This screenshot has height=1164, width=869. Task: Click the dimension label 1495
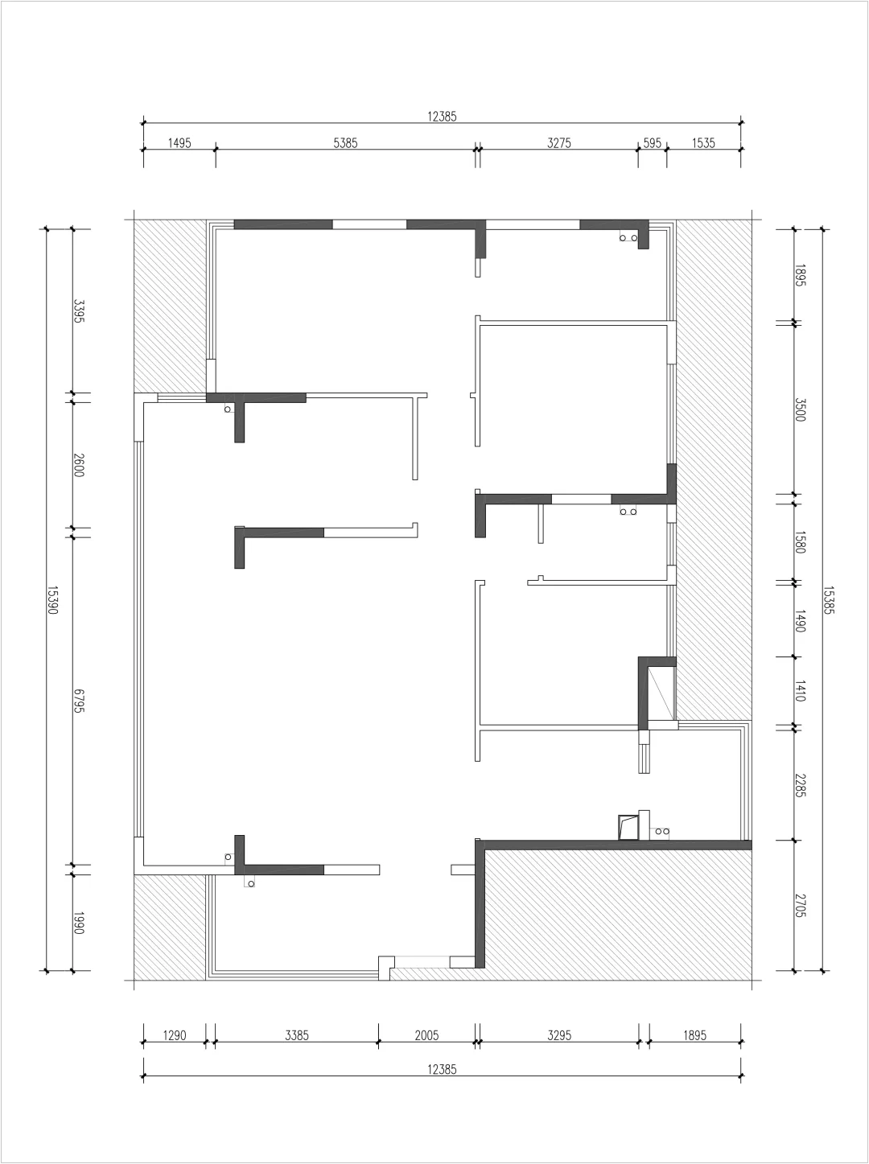179,143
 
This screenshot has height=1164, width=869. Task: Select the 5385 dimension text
345,143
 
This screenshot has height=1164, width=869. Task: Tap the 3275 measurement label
559,143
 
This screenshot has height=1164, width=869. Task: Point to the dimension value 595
652,143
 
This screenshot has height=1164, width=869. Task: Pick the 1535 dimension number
703,143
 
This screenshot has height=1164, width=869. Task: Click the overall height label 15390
52,600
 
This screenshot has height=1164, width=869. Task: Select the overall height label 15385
829,600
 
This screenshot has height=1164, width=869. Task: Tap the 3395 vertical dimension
79,312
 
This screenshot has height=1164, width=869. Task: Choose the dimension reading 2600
79,465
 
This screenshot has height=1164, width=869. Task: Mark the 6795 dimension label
79,701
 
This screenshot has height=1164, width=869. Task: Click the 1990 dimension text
79,923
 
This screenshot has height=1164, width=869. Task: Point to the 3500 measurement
800,409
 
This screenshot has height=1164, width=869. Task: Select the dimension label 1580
800,542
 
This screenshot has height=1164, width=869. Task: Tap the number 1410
800,691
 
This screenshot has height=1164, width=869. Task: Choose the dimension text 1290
175,1035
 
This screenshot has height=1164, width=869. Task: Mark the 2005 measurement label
426,1035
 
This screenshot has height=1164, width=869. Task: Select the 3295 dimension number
559,1035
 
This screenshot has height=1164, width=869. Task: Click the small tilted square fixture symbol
628,827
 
